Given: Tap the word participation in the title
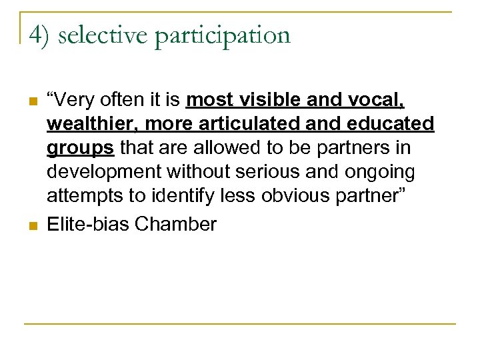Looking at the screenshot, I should [x=223, y=36].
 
